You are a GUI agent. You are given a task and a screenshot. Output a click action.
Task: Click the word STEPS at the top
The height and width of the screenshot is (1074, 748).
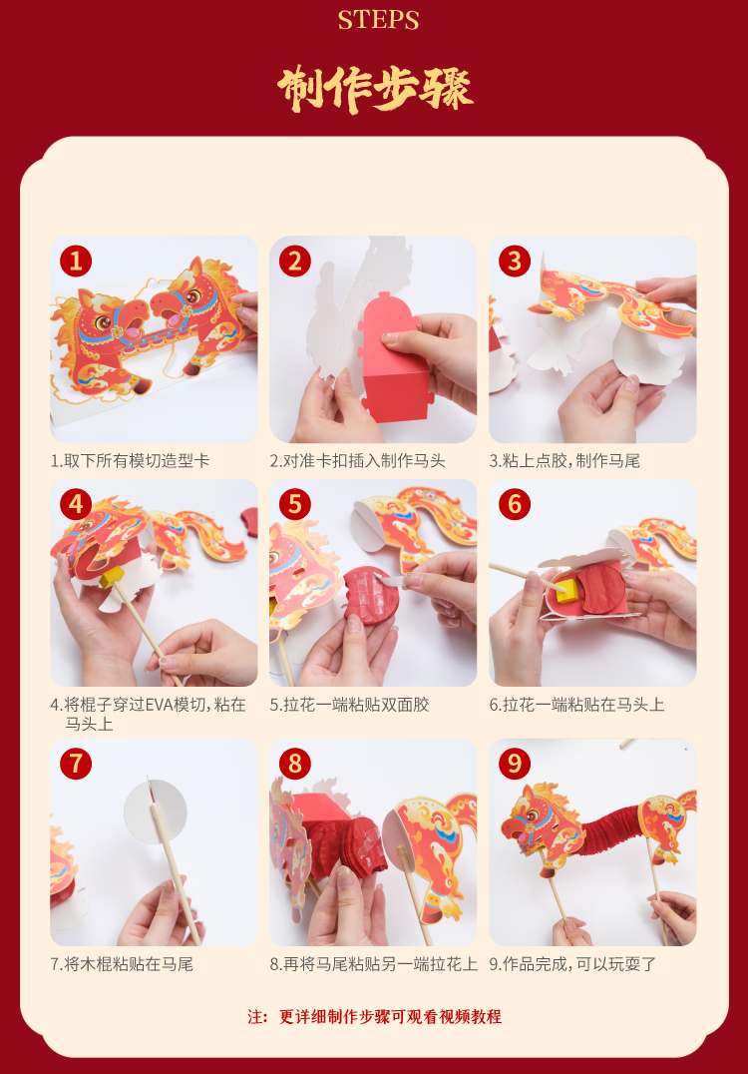point(378,20)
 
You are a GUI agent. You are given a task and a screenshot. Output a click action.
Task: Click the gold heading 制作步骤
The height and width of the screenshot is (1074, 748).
point(375,89)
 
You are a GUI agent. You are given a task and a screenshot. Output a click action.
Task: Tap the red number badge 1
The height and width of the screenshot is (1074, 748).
point(76,261)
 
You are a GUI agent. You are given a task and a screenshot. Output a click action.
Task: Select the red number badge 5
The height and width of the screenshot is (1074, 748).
point(295,505)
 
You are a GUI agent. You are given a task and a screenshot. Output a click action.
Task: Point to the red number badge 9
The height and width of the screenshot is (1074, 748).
point(515,763)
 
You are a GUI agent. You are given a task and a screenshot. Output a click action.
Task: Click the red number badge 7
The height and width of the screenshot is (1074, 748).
point(76,763)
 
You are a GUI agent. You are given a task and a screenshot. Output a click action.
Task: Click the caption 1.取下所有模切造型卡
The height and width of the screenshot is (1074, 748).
point(130,461)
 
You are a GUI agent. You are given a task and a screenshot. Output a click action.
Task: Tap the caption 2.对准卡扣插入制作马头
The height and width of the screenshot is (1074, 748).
point(357,461)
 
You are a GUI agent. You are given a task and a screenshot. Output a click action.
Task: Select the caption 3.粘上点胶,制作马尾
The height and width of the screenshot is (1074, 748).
point(564,461)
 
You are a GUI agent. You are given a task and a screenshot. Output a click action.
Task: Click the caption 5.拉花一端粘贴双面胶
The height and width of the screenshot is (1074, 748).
point(349,705)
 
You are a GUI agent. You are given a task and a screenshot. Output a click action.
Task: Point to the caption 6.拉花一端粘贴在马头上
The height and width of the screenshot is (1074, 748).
point(576,705)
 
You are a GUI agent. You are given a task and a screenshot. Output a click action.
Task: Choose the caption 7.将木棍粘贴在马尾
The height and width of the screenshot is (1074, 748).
point(122,964)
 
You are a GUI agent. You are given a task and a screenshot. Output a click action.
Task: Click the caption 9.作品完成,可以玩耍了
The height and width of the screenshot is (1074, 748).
point(572,964)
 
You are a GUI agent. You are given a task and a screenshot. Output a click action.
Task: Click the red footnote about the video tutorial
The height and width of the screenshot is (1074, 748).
point(374,1017)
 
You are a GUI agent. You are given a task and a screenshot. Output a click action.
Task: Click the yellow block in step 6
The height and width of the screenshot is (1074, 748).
point(568,590)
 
